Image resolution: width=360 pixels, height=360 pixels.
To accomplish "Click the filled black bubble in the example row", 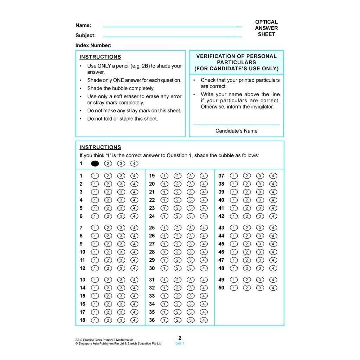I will (95, 163).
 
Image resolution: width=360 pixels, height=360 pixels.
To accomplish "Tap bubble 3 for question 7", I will (121, 228).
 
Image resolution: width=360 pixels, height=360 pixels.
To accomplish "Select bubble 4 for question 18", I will (134, 320).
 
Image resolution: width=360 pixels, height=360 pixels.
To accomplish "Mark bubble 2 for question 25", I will (177, 228).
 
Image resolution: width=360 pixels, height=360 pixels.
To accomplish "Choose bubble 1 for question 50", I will (233, 288).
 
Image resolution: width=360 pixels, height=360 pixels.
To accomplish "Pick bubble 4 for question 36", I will (204, 320).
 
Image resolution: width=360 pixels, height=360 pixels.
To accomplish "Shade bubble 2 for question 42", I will (247, 216).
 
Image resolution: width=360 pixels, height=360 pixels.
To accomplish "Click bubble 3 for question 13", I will (121, 280).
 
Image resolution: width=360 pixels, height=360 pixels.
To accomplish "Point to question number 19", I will (152, 176).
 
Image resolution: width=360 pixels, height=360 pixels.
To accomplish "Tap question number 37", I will (221, 176).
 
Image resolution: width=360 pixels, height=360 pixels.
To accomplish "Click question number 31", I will (152, 280).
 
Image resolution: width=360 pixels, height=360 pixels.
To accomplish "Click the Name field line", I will (172, 26).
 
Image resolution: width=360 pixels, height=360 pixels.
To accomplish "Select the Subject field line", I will (172, 36).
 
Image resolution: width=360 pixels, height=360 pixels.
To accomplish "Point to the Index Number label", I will (93, 45).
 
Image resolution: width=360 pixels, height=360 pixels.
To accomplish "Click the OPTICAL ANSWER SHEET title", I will (266, 28).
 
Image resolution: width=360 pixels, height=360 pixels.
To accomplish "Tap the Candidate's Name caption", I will (236, 131).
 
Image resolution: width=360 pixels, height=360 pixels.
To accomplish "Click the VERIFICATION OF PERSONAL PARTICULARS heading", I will (236, 62).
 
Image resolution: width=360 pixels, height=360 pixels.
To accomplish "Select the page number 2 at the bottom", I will (180, 338).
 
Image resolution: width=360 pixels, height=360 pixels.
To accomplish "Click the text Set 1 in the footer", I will (180, 343).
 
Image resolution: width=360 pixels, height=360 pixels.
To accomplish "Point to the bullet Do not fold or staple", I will (122, 119).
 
